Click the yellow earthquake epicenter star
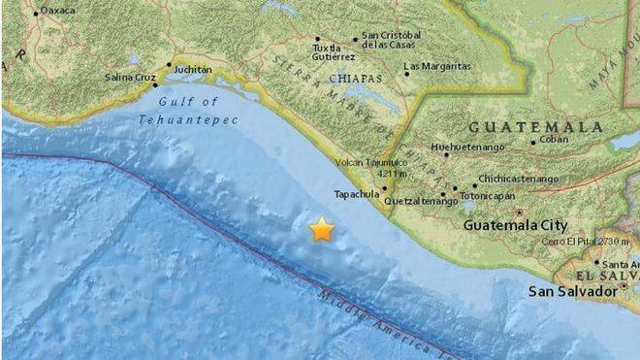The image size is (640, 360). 321,230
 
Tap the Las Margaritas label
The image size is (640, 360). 437,66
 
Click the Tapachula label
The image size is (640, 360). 355,193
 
